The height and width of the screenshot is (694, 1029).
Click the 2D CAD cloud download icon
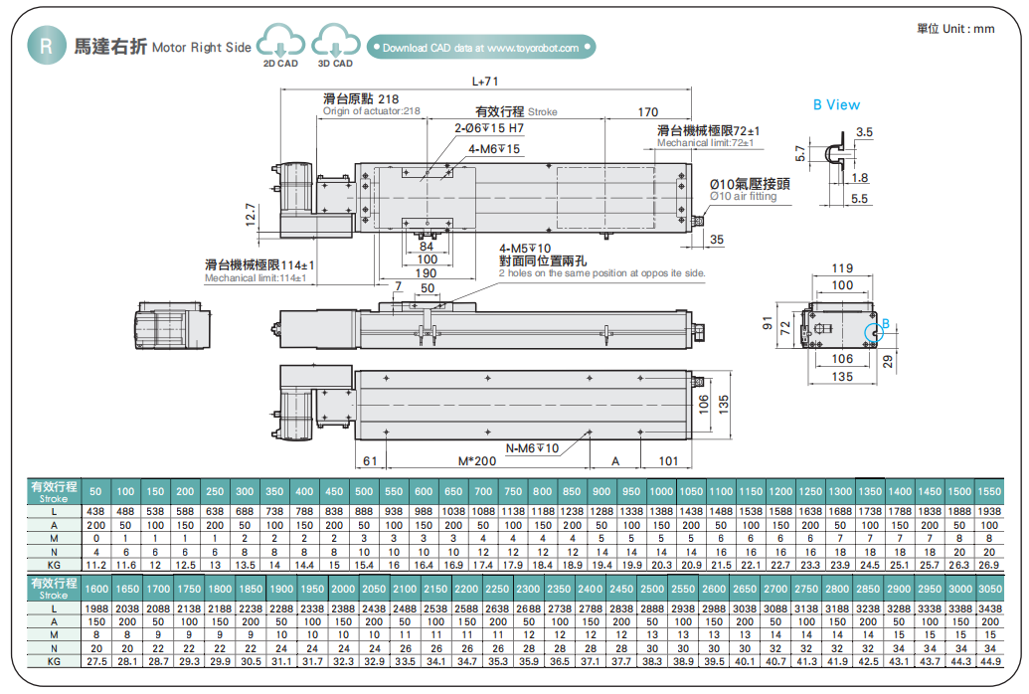pyautogui.click(x=280, y=43)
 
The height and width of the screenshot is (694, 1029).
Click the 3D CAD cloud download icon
pyautogui.click(x=335, y=43)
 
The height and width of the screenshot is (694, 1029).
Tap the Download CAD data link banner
pyautogui.click(x=480, y=47)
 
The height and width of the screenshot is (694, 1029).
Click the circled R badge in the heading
pyautogui.click(x=44, y=46)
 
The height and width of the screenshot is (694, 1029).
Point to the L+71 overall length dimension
pyautogui.click(x=484, y=82)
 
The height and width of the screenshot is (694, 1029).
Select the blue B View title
pyautogui.click(x=836, y=104)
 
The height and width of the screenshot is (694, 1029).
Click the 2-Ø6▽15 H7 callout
pyautogui.click(x=489, y=128)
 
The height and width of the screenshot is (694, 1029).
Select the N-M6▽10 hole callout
pyautogui.click(x=533, y=448)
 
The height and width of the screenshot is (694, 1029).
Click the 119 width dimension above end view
pyautogui.click(x=842, y=268)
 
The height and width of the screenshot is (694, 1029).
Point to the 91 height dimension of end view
pyautogui.click(x=767, y=323)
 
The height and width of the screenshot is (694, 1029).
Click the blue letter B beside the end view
pyautogui.click(x=886, y=323)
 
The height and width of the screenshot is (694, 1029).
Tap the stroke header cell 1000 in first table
pyautogui.click(x=661, y=491)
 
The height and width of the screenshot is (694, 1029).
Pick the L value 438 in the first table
pyautogui.click(x=96, y=510)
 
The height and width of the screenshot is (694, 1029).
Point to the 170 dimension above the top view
pyautogui.click(x=648, y=111)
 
